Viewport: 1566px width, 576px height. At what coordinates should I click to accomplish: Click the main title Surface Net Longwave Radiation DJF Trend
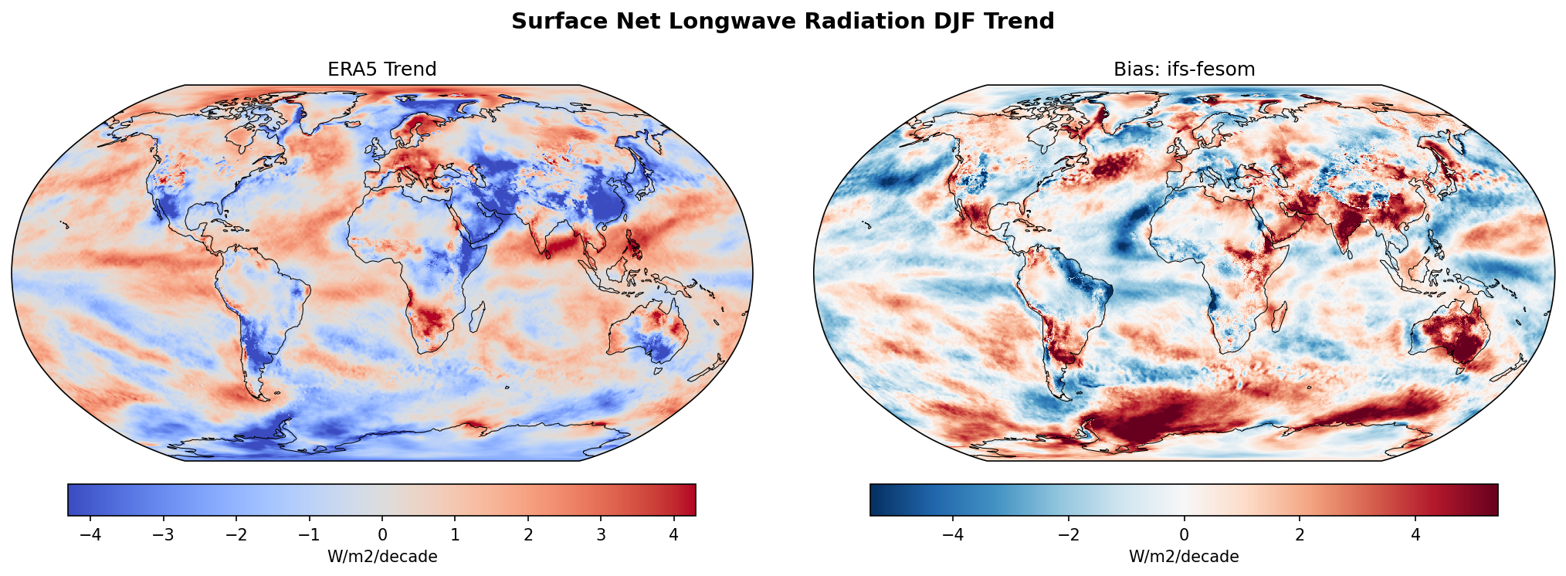(782, 22)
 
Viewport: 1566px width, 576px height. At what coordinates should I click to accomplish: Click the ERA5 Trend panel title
(381, 69)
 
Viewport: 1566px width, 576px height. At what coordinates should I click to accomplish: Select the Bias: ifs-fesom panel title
(1184, 69)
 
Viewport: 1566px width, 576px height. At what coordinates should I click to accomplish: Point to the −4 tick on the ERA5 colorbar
(90, 535)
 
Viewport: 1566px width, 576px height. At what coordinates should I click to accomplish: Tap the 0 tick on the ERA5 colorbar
(382, 535)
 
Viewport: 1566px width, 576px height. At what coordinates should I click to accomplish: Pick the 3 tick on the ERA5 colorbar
(601, 535)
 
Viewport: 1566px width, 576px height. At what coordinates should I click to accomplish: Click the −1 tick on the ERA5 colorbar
(309, 535)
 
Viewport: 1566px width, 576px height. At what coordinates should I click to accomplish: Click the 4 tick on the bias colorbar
(1415, 535)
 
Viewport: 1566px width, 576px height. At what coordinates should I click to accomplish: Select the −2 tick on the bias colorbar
(1069, 535)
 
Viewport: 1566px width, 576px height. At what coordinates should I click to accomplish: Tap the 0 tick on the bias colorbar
(1184, 535)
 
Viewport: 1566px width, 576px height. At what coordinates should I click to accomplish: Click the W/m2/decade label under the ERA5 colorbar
(382, 557)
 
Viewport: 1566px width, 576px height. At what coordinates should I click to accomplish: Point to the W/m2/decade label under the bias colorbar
(1184, 557)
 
